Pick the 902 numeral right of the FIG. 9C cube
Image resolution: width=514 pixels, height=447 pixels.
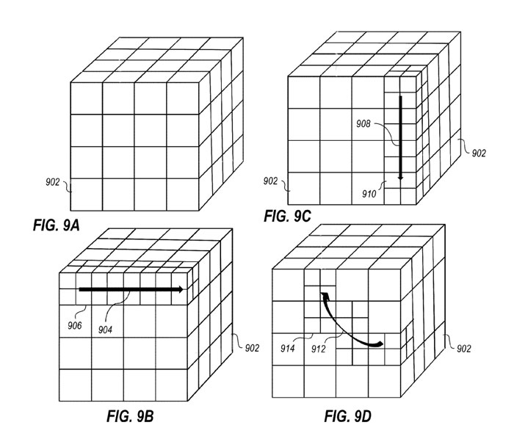478,153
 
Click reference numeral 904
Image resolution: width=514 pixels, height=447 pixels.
107,329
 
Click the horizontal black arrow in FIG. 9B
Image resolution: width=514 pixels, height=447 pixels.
131,290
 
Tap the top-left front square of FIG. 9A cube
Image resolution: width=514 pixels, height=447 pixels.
85,98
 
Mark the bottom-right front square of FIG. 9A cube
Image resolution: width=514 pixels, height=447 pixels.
183,195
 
